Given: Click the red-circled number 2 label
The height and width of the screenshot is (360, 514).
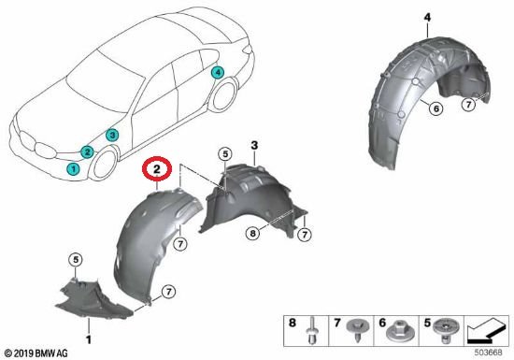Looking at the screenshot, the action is (x=157, y=169).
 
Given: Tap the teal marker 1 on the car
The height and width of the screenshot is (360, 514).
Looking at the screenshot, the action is (x=73, y=169).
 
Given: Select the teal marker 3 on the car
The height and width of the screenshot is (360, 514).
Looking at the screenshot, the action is (x=112, y=135).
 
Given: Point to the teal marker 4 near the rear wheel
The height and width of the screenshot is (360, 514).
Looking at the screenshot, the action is (x=218, y=72).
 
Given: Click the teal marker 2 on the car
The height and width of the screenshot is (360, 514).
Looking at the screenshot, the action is (x=87, y=151).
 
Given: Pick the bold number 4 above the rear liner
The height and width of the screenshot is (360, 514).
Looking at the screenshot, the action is (x=427, y=18).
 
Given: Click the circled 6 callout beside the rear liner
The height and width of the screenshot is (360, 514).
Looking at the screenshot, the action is (x=436, y=108).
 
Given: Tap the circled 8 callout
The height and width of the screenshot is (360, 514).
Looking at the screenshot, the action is (x=252, y=234).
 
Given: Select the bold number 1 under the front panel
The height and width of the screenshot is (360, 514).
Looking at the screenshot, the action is (x=89, y=339).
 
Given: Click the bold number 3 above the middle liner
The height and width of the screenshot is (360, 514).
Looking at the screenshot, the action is (x=255, y=145).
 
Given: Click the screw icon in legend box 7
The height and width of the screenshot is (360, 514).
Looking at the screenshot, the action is (x=357, y=329).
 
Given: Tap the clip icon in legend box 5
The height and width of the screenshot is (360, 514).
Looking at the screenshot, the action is (x=446, y=330).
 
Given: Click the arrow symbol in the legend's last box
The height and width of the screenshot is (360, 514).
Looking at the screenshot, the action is (x=488, y=330).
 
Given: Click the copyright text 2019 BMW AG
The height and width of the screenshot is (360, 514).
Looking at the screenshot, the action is (x=36, y=353).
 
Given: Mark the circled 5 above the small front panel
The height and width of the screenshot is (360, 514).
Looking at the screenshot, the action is (x=76, y=260).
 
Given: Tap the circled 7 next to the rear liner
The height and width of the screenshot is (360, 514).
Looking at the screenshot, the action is (x=468, y=105).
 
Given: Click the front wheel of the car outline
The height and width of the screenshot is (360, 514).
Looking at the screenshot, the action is (x=105, y=163).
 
